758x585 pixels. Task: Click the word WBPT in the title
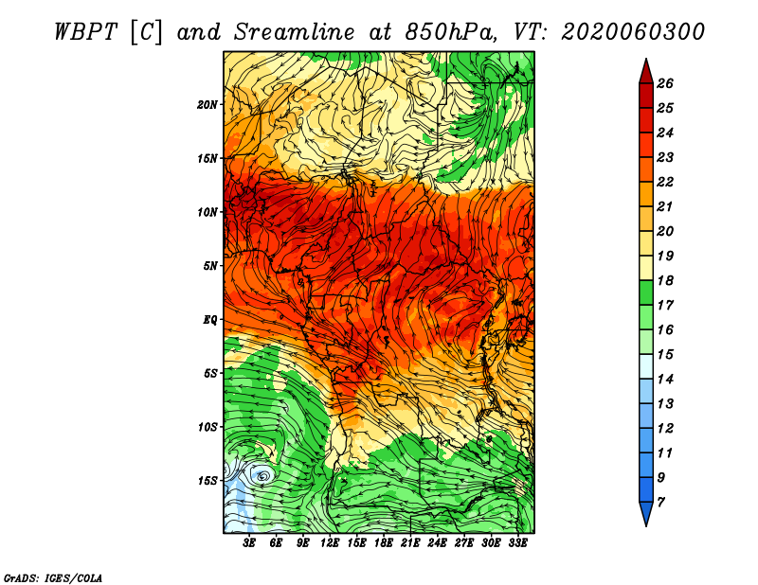click(x=86, y=32)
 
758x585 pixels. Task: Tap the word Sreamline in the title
click(x=295, y=32)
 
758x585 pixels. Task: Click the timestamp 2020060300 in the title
click(x=633, y=32)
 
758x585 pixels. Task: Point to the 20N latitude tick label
click(x=208, y=104)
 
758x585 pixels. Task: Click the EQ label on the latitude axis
click(x=209, y=320)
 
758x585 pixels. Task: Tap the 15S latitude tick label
click(x=208, y=481)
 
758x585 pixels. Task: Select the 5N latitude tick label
click(x=210, y=266)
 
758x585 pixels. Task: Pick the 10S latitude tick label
click(x=208, y=427)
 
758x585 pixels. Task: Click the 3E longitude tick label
click(x=249, y=543)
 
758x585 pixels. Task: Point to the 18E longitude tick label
click(x=384, y=543)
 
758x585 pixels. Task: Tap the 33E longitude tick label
click(x=517, y=543)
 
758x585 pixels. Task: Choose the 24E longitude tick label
click(x=437, y=543)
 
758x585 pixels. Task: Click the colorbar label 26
click(x=665, y=83)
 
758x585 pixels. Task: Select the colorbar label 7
click(x=660, y=503)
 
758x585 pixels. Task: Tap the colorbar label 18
click(x=665, y=280)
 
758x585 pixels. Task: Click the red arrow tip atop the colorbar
click(x=646, y=59)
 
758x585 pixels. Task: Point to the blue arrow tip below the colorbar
click(x=646, y=525)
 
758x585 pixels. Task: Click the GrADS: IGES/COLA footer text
click(x=53, y=578)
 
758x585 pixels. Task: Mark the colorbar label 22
click(x=665, y=182)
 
